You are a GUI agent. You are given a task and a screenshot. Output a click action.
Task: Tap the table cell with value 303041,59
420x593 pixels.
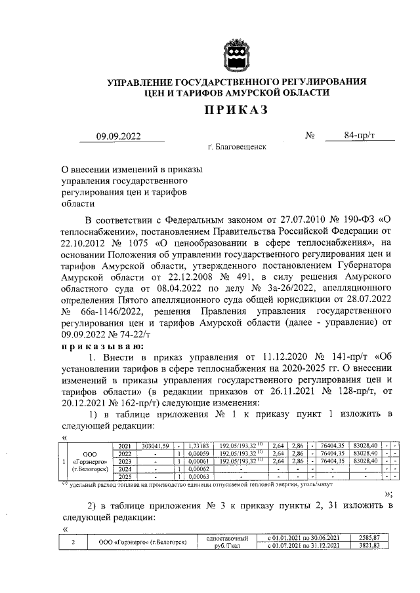pos(156,446)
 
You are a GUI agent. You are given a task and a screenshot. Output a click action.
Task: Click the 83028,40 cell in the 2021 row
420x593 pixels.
pos(365,446)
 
